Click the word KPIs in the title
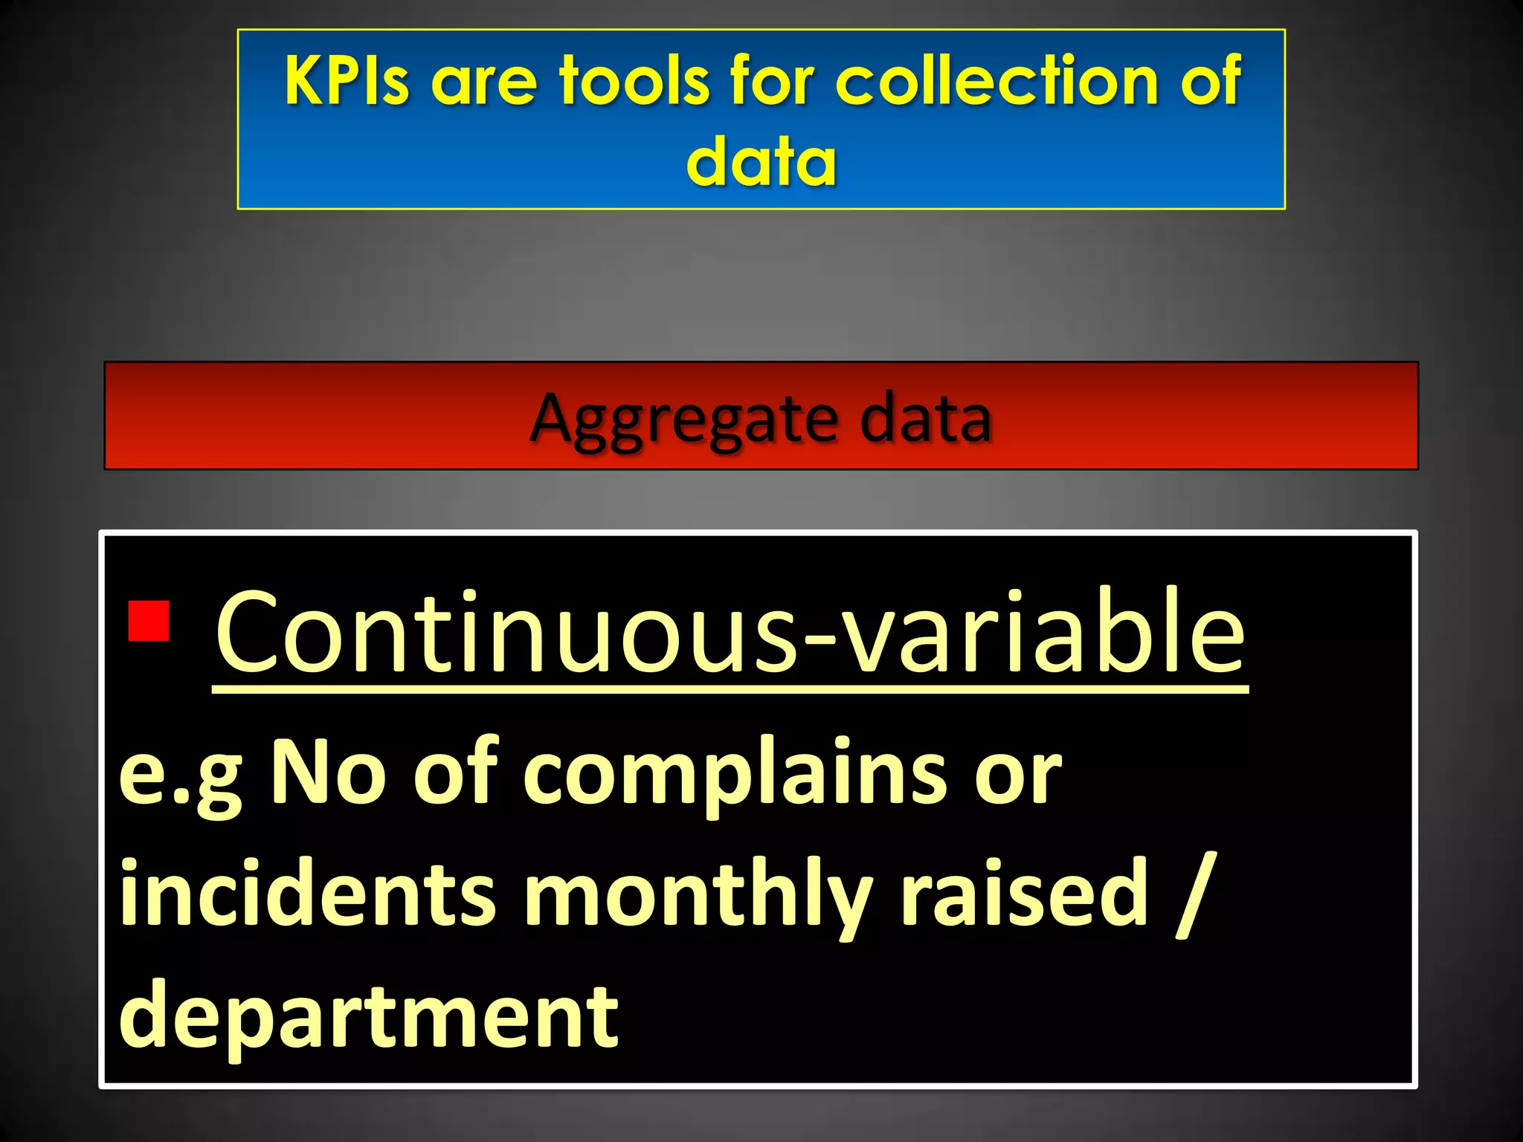[347, 80]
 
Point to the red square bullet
[149, 621]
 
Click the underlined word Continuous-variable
[730, 632]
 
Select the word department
[369, 1016]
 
